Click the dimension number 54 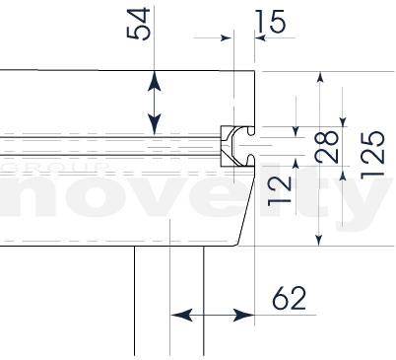pyautogui.click(x=138, y=24)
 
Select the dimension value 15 pyautogui.click(x=271, y=22)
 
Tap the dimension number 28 pyautogui.click(x=326, y=147)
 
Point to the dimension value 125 pyautogui.click(x=372, y=155)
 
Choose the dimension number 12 pyautogui.click(x=280, y=191)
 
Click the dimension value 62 pyautogui.click(x=289, y=298)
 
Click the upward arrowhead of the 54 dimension pyautogui.click(x=154, y=81)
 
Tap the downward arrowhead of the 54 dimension pyautogui.click(x=154, y=124)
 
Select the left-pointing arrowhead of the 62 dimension pyautogui.click(x=181, y=315)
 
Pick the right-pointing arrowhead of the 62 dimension pyautogui.click(x=243, y=315)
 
